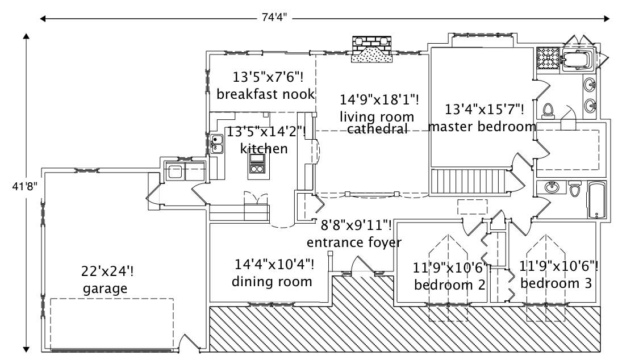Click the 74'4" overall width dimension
[x=274, y=19]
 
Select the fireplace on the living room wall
[x=372, y=49]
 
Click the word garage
[x=105, y=288]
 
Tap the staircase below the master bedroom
[x=469, y=181]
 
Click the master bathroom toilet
[x=548, y=110]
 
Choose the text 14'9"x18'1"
[x=379, y=100]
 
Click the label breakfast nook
[x=265, y=94]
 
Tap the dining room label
[x=273, y=281]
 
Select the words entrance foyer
[x=354, y=242]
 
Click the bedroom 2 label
[x=450, y=284]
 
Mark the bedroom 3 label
[x=556, y=283]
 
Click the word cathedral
[x=378, y=129]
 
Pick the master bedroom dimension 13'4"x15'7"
[x=484, y=108]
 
